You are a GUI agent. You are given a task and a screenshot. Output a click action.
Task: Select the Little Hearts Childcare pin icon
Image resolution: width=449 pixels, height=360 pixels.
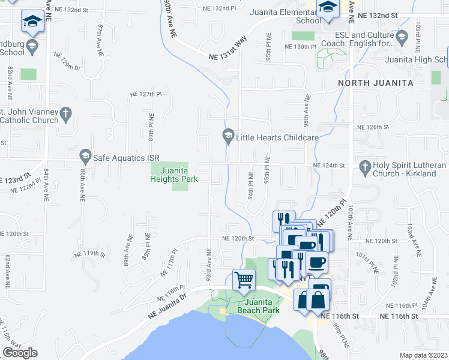point(228,137)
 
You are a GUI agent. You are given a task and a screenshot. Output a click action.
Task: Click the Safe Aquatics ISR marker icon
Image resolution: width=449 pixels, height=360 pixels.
point(85,157)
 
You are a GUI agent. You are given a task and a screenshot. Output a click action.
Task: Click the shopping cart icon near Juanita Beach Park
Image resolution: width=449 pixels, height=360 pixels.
point(244,280)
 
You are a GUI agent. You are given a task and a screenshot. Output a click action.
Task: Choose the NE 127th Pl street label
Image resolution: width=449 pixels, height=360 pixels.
point(146,94)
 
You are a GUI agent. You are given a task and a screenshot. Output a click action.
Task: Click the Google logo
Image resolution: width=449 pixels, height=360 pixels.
point(20,353)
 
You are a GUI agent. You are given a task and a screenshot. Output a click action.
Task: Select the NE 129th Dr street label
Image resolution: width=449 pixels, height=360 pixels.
point(67,62)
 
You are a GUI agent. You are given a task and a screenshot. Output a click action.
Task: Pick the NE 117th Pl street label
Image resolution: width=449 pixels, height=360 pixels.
point(169,263)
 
